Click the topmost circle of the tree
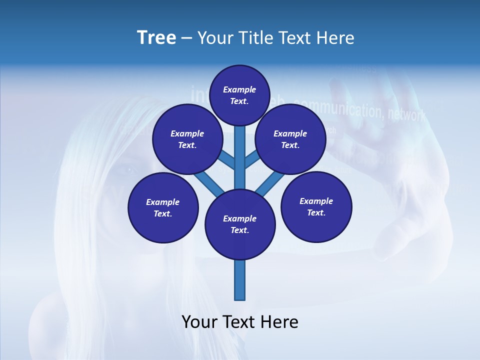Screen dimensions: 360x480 (239, 95)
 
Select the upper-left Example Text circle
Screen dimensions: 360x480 (187, 139)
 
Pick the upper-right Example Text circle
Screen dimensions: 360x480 (290, 139)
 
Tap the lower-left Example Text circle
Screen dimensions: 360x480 (163, 207)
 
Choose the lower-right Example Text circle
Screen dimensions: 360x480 (316, 206)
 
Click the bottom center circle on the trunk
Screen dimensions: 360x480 (240, 224)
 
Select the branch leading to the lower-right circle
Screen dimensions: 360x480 (270, 183)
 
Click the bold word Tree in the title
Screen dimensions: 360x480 (156, 37)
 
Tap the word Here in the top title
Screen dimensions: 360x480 (335, 38)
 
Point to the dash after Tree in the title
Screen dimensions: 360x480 (186, 38)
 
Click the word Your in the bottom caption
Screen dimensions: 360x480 (200, 322)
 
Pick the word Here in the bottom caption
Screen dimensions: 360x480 (281, 322)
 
